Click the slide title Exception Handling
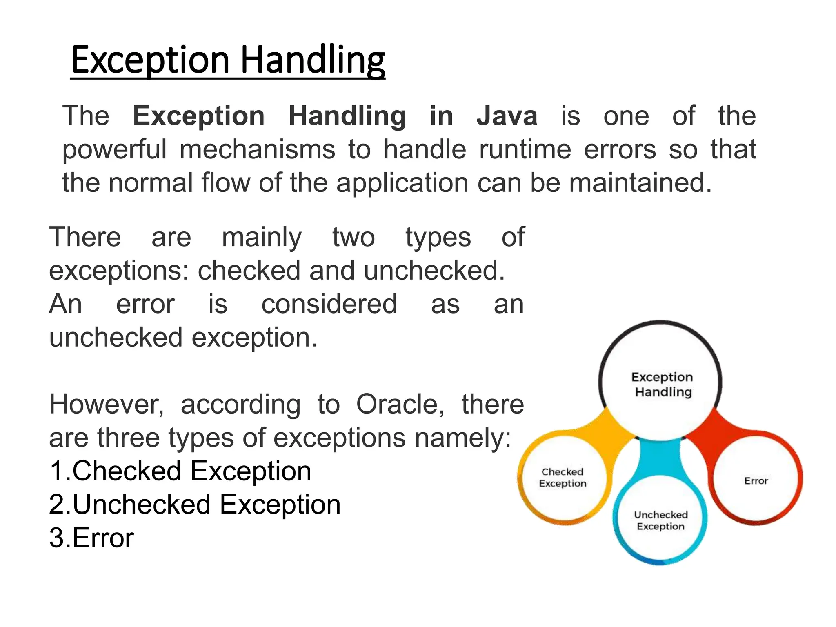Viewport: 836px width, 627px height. (x=228, y=60)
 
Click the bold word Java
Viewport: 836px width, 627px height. (x=507, y=116)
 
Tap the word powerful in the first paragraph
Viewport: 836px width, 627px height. (x=114, y=149)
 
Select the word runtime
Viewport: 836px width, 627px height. (x=525, y=149)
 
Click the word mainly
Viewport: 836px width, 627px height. (x=262, y=237)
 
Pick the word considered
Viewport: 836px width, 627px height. (x=329, y=304)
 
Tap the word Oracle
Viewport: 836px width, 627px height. (x=400, y=405)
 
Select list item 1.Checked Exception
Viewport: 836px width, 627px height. (x=180, y=471)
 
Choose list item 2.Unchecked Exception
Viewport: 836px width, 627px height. (x=195, y=505)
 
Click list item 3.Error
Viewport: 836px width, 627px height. (x=91, y=538)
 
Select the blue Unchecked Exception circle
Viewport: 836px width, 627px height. (x=660, y=520)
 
